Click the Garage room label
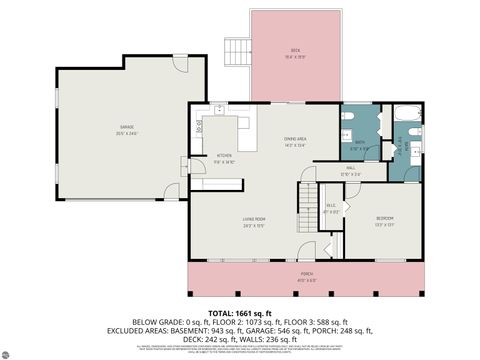pos(127,129)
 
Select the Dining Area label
pos(294,142)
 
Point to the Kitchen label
pos(225,156)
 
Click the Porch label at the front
pos(306,276)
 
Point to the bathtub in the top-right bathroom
pos(409,114)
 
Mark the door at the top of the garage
pos(179,65)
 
